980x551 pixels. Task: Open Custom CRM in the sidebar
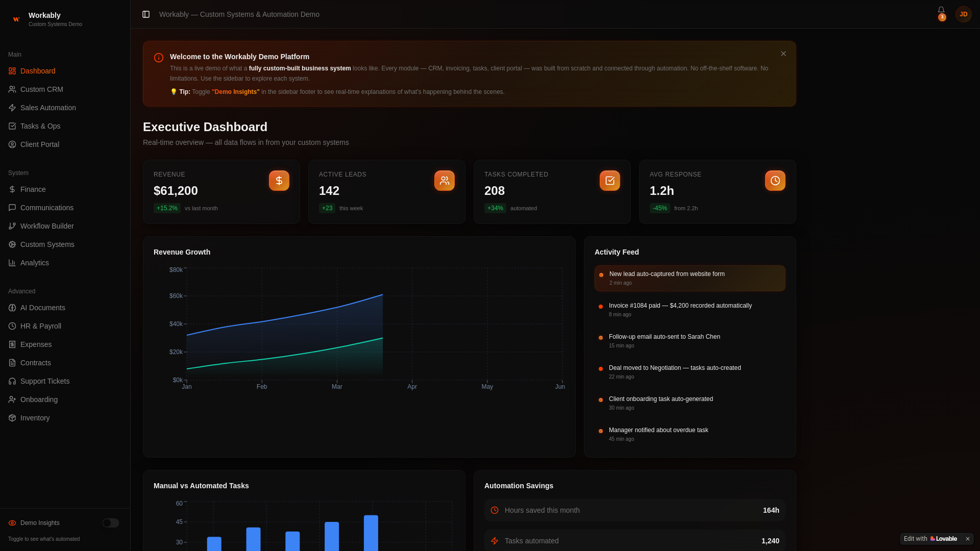click(41, 89)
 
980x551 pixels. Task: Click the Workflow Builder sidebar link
click(46, 226)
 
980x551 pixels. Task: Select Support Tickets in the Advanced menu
click(44, 381)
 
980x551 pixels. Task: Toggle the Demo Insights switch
click(111, 523)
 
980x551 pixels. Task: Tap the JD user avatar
click(963, 14)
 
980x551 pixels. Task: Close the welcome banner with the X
click(783, 54)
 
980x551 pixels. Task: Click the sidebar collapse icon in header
click(146, 14)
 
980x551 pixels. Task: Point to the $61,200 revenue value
click(176, 191)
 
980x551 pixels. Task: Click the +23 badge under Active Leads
click(327, 208)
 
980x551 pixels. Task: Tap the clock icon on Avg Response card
click(775, 181)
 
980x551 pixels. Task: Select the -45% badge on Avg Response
click(659, 208)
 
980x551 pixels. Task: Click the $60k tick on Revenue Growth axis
click(176, 296)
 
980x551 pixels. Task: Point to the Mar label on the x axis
click(337, 387)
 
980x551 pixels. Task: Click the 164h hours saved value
click(771, 510)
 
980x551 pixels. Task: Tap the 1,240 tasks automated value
click(770, 541)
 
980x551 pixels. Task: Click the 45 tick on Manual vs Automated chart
click(179, 522)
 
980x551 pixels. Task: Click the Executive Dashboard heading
click(205, 127)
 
